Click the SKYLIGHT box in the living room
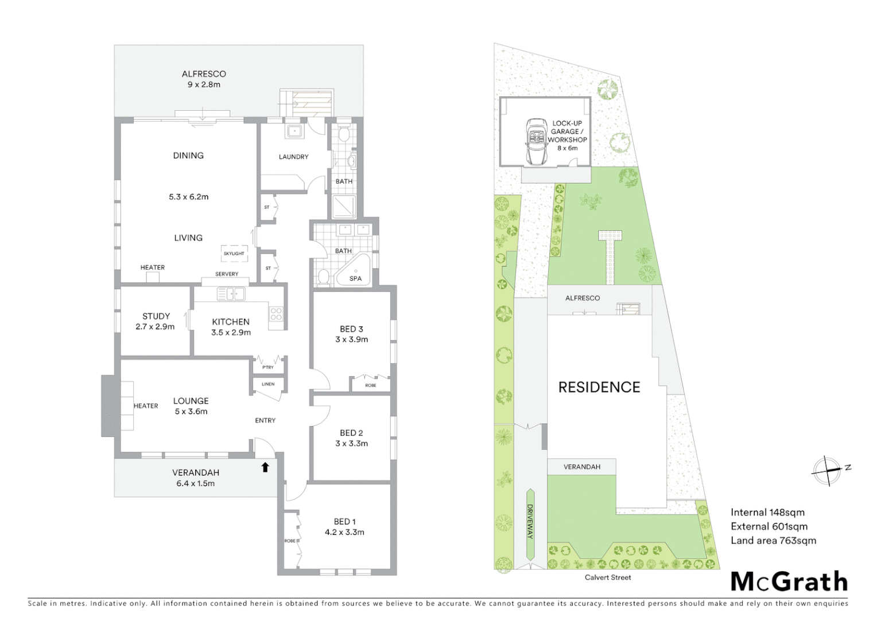[x=234, y=253]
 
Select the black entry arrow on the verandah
[x=265, y=467]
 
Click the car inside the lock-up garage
[x=537, y=142]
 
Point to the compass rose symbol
[x=827, y=470]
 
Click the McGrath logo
[x=789, y=582]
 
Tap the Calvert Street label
[x=607, y=578]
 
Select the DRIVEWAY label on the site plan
[x=530, y=521]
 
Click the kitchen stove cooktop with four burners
[x=276, y=313]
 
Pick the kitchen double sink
[x=231, y=294]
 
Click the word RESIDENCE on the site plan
[x=599, y=387]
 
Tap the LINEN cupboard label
[x=268, y=384]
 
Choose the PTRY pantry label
[x=268, y=367]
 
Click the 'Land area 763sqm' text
[x=773, y=540]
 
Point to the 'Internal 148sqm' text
[x=767, y=513]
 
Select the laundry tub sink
[x=295, y=131]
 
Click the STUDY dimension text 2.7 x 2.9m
[x=155, y=327]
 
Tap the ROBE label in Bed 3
[x=371, y=385]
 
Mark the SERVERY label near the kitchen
[x=227, y=274]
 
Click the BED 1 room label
[x=344, y=521]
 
